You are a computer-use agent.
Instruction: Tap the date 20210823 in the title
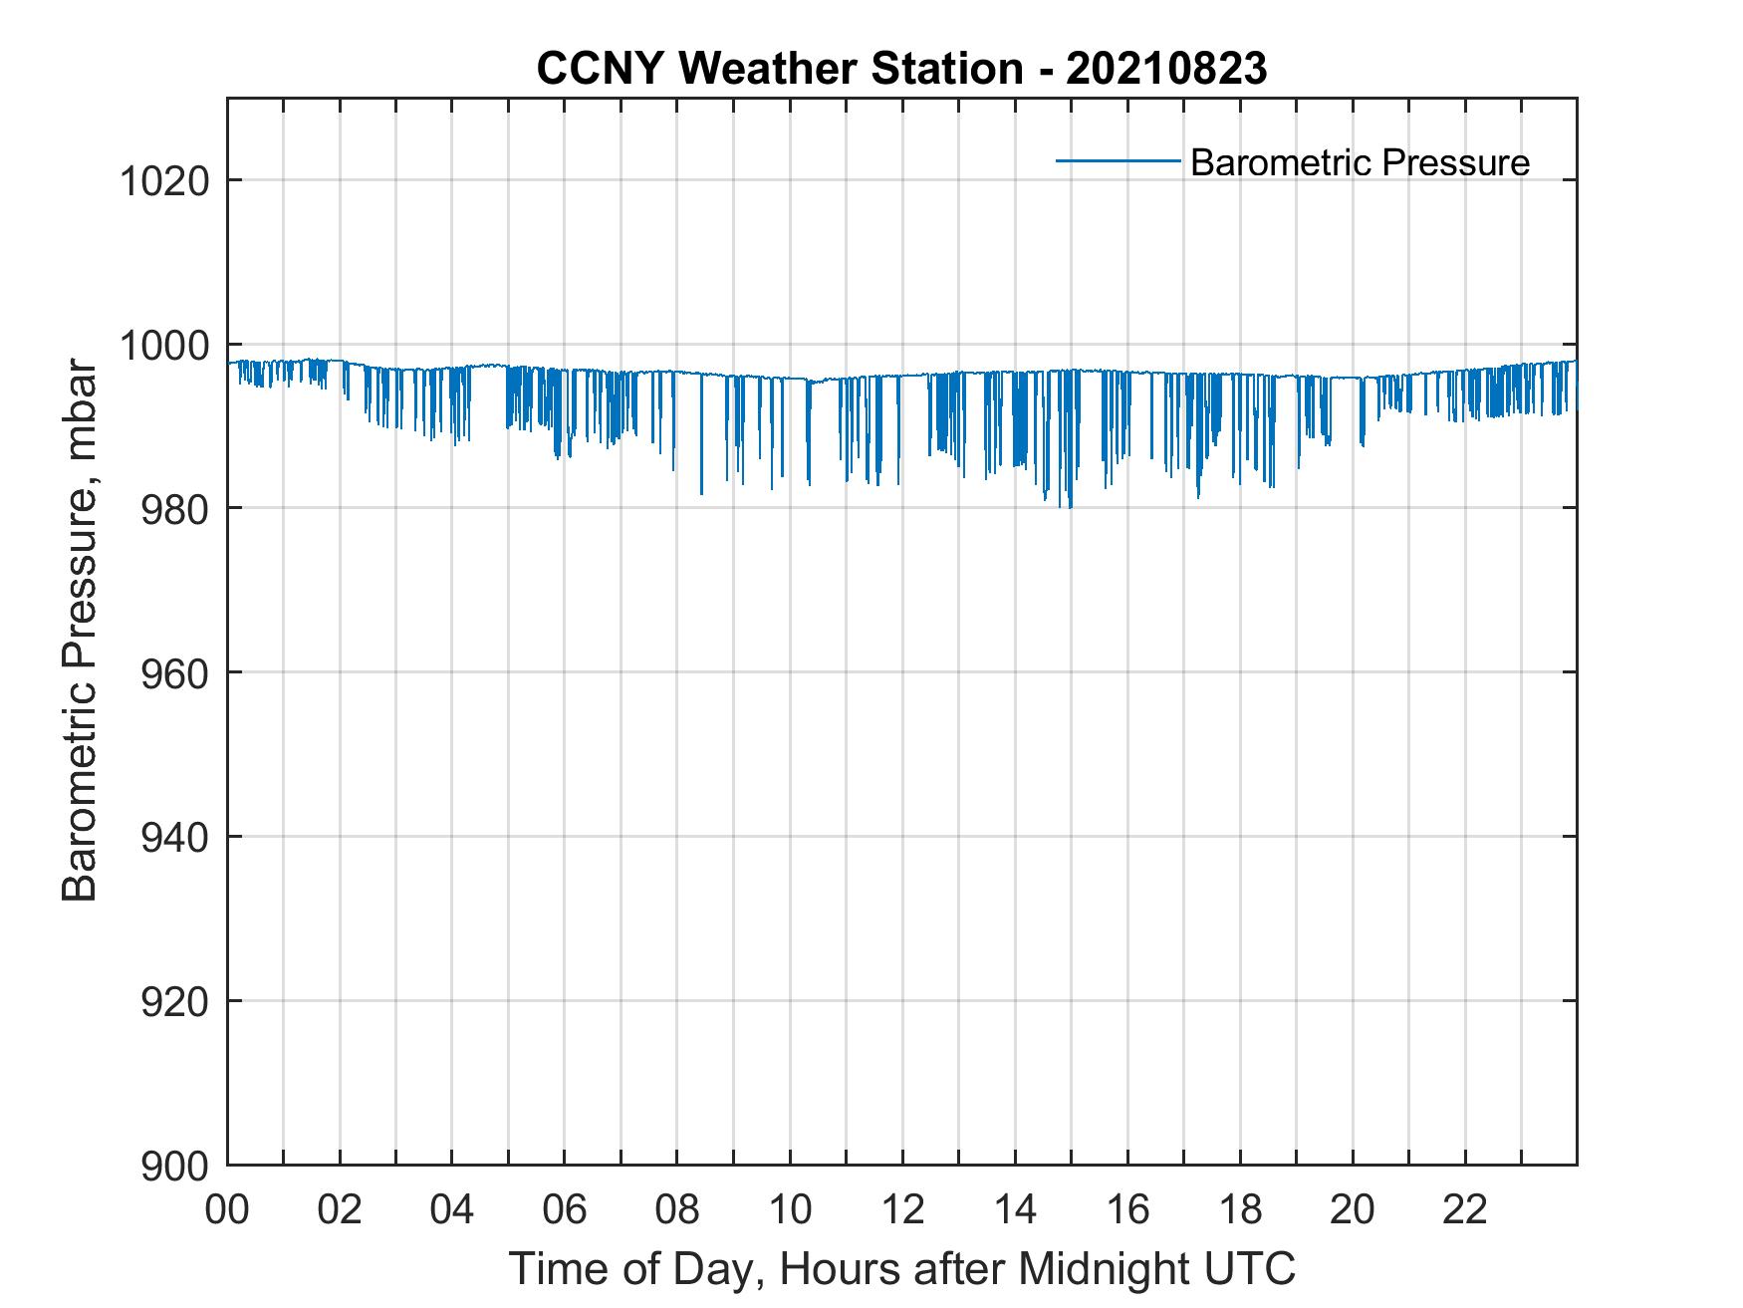(1165, 69)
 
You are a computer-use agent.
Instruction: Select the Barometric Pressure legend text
(1360, 162)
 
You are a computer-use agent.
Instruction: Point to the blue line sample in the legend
(1118, 160)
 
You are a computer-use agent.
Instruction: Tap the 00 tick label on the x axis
(228, 1211)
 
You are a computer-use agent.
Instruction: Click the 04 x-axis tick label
(452, 1211)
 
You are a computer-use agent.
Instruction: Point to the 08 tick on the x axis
(677, 1211)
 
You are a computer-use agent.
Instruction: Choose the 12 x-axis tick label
(902, 1211)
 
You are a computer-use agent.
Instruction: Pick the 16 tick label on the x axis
(1127, 1211)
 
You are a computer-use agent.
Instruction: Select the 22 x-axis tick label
(1465, 1211)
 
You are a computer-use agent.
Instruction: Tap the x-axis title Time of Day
(902, 1270)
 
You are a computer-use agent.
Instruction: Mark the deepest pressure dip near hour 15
(1071, 507)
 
